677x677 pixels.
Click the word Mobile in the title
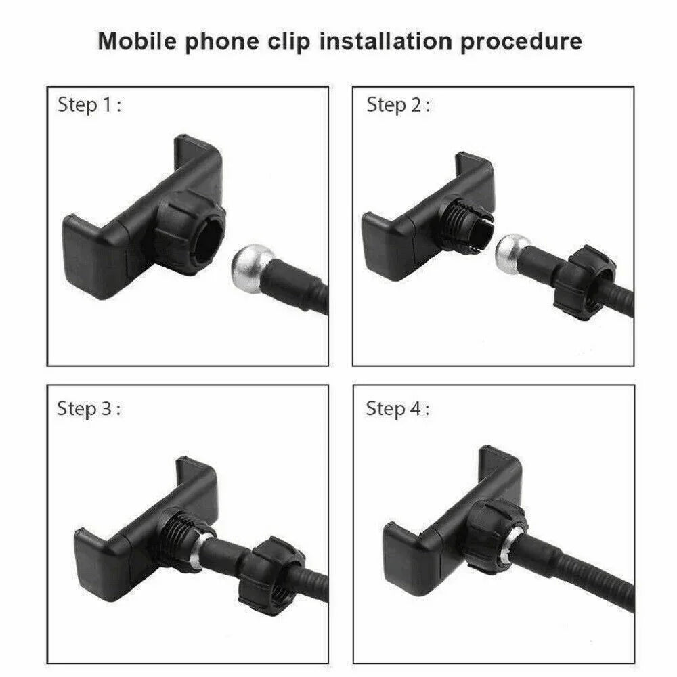click(x=137, y=41)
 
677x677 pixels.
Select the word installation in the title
click(x=385, y=41)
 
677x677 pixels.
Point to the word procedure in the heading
click(x=521, y=42)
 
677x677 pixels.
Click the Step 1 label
click(x=89, y=105)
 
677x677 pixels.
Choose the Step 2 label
click(x=398, y=105)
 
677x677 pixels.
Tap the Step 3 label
click(x=89, y=408)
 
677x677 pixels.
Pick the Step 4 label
click(x=397, y=408)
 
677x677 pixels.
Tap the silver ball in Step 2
click(x=512, y=254)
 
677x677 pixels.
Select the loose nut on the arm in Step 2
click(x=585, y=283)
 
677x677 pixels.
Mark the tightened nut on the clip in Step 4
click(x=496, y=536)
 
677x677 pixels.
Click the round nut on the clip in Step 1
click(x=191, y=233)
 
